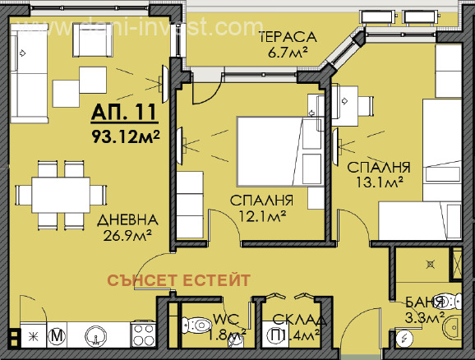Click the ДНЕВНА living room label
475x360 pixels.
point(126,221)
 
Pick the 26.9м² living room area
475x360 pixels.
point(126,238)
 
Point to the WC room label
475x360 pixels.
point(226,319)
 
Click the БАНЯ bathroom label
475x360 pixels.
point(426,301)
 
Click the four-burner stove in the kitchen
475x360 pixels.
point(143,335)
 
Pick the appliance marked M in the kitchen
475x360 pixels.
point(58,335)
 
